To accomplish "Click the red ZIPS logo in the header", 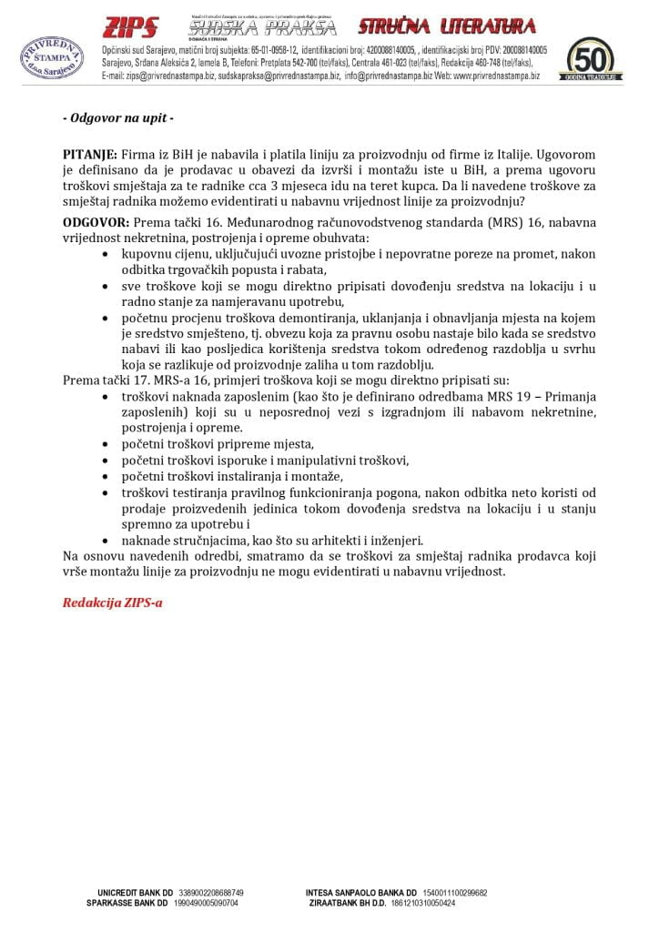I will (131, 26).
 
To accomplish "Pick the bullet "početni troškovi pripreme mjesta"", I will (218, 444).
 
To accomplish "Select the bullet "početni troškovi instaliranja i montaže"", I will (232, 476).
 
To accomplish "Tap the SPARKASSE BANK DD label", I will (127, 903).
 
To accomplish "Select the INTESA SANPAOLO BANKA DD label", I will (361, 893).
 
